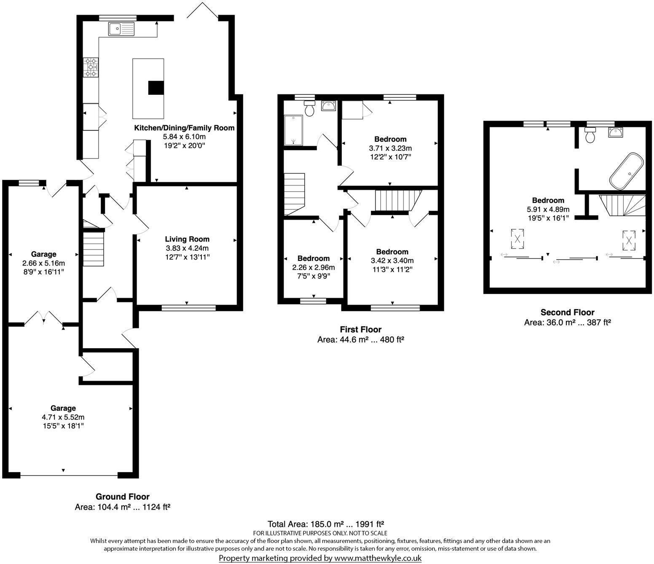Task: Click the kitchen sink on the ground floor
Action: tap(121, 29)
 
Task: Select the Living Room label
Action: tap(187, 239)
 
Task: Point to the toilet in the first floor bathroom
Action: tap(310, 109)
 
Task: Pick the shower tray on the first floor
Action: tap(293, 130)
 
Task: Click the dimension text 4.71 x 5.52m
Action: tap(63, 417)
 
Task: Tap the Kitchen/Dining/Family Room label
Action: tap(184, 128)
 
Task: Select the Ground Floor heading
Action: tap(122, 497)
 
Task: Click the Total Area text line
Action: tap(326, 524)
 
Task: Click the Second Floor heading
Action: tap(567, 312)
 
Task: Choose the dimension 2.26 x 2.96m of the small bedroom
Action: tap(314, 267)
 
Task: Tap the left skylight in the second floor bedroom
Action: tap(517, 239)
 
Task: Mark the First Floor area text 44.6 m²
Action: tap(360, 340)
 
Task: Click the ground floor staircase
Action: tap(93, 250)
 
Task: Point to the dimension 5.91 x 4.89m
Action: tap(548, 209)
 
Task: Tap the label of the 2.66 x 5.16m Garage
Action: tap(43, 254)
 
